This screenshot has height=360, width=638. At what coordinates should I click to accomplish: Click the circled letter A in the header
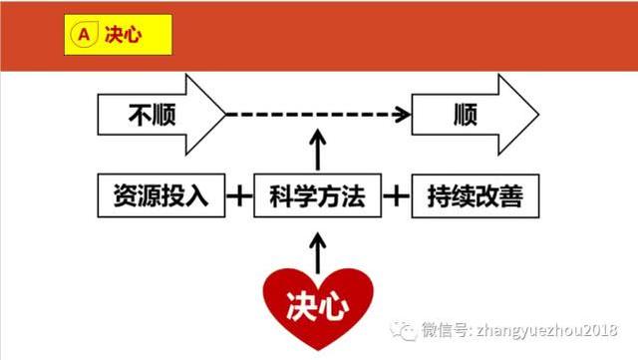tap(83, 32)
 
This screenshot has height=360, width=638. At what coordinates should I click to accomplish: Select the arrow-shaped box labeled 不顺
tap(159, 114)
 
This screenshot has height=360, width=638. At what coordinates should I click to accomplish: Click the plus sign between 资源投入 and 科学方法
tap(239, 195)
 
